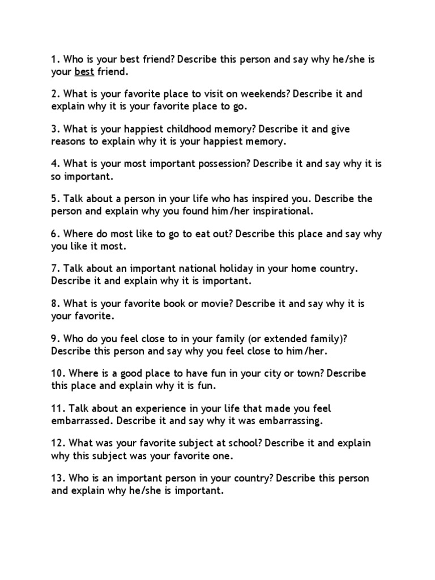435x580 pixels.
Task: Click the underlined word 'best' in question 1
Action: (x=84, y=71)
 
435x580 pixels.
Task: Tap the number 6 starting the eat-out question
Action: (x=54, y=234)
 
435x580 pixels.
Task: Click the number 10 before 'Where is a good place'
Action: (x=57, y=374)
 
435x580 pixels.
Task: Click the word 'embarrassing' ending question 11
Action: (x=291, y=421)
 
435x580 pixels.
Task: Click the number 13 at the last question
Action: (x=57, y=479)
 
